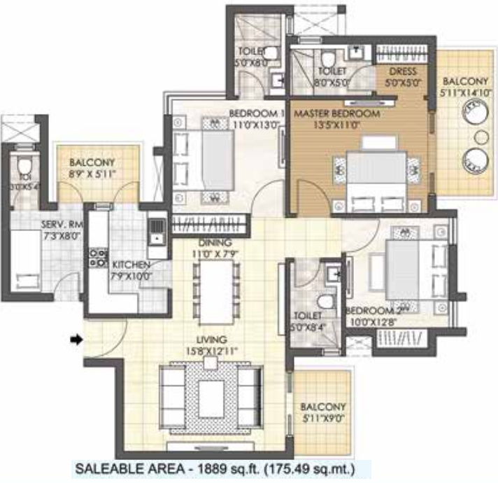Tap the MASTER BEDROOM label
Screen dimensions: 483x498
tap(336, 113)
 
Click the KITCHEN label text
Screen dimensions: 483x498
tap(131, 265)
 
